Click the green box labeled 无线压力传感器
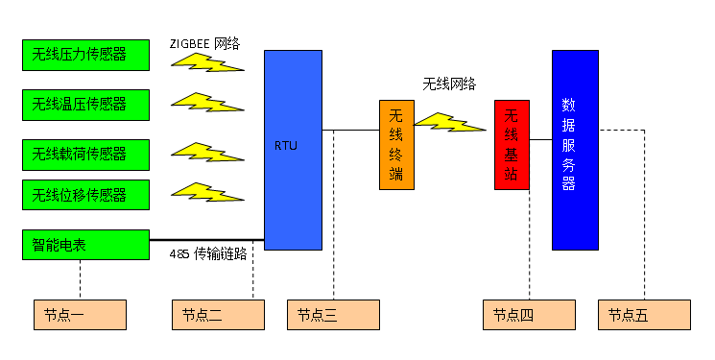point(85,55)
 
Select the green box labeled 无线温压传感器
point(85,105)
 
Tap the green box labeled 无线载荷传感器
point(85,155)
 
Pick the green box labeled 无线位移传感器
point(85,195)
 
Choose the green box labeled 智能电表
point(85,245)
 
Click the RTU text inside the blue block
point(286,146)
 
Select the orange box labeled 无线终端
point(396,145)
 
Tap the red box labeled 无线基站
point(512,145)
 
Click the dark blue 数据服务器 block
point(575,150)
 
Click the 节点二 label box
point(218,315)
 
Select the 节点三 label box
point(333,315)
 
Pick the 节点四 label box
point(529,315)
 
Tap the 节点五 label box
point(644,315)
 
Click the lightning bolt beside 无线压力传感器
point(205,62)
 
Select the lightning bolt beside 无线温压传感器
point(205,102)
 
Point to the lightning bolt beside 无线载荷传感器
point(205,152)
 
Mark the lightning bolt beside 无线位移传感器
point(205,192)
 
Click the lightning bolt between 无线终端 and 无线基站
point(447,123)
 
